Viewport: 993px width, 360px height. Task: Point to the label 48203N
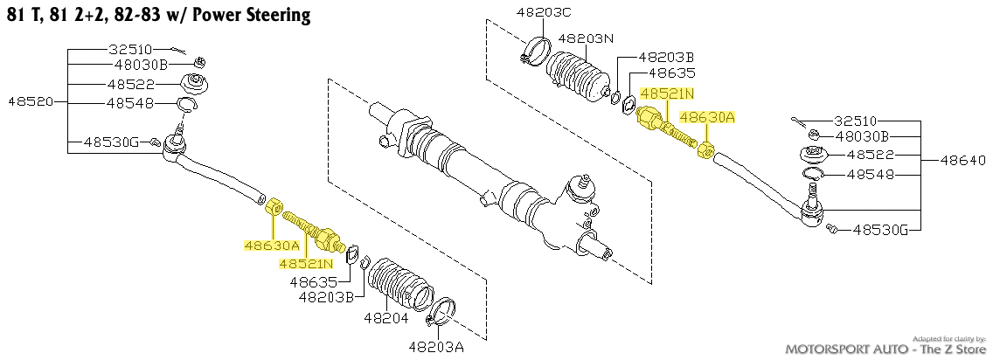pos(586,38)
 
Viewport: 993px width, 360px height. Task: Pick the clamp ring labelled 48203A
pos(445,310)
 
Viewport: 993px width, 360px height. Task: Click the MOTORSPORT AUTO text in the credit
pos(843,349)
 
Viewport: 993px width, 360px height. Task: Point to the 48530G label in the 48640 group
pos(883,231)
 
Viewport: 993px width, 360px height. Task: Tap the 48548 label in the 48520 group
pos(130,102)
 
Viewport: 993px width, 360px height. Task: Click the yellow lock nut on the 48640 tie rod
pos(707,150)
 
